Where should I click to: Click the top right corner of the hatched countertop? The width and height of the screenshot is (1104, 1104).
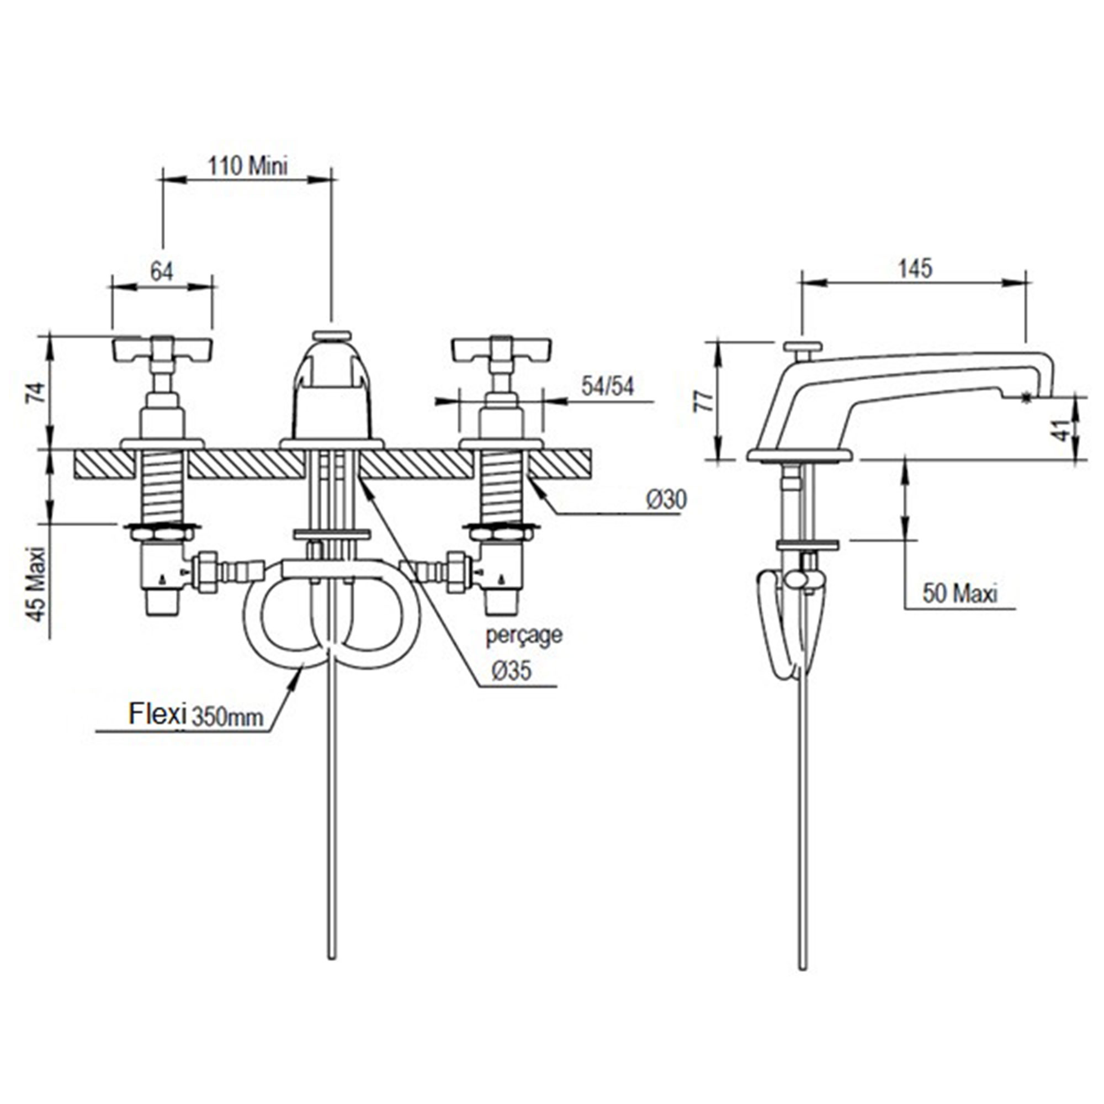point(591,450)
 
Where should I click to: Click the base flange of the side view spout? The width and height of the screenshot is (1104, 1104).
point(800,455)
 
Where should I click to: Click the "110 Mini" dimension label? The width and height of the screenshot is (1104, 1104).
point(247,166)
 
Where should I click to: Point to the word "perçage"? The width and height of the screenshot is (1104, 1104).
point(523,635)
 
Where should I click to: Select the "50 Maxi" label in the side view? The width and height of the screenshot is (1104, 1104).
point(960,593)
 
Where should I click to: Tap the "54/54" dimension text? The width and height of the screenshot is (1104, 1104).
point(608,386)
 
